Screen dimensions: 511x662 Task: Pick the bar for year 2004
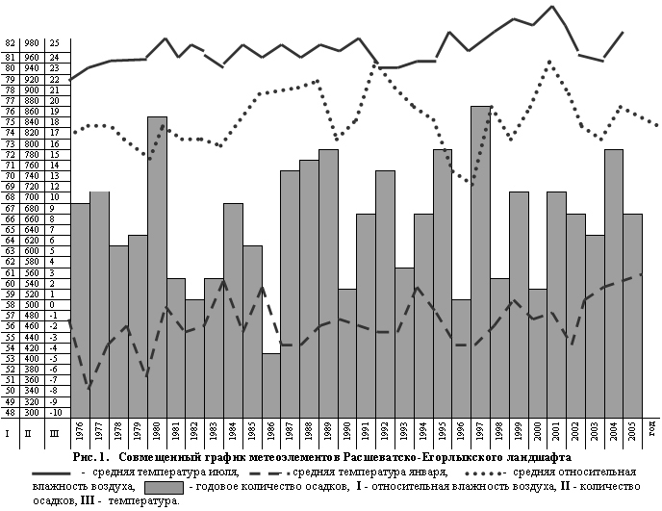coord(614,284)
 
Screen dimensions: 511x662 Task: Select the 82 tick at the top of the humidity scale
coord(10,43)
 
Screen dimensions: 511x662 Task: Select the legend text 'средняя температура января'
coord(370,473)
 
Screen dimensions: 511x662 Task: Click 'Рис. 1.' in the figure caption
coord(90,456)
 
